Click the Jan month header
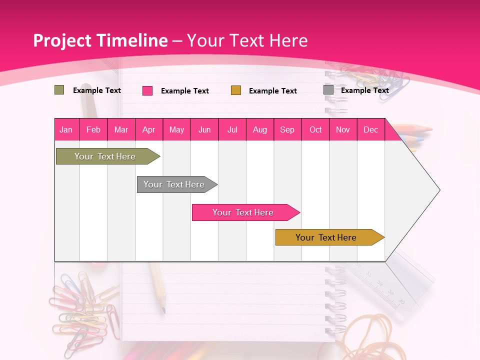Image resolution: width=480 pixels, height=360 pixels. tap(66, 129)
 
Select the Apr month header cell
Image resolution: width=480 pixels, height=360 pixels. tap(149, 129)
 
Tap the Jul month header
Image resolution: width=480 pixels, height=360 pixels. tap(232, 129)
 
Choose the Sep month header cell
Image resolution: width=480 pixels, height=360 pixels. tap(287, 129)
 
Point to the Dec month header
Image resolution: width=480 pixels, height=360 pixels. tap(370, 129)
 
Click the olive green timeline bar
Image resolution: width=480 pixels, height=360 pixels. tap(105, 156)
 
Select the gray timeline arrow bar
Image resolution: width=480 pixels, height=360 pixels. tap(174, 184)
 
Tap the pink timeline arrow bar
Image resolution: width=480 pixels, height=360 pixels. tap(243, 212)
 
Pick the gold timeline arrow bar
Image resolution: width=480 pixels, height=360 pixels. tap(326, 237)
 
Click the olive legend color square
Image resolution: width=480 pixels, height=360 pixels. tap(59, 90)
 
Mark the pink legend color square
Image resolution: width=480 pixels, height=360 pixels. tap(147, 90)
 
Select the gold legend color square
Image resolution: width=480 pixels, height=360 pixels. tap(236, 90)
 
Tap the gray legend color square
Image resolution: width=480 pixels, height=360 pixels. tap(328, 90)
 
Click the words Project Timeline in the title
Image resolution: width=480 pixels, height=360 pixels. tap(100, 40)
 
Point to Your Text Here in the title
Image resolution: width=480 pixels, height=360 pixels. tap(247, 40)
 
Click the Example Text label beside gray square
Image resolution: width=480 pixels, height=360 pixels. tap(364, 90)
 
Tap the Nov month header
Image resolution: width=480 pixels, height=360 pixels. tap(343, 129)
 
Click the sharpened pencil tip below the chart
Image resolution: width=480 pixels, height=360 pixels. tap(163, 309)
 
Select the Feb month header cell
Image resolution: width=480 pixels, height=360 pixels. tap(93, 129)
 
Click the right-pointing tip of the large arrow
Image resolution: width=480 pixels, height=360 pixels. tap(439, 190)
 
